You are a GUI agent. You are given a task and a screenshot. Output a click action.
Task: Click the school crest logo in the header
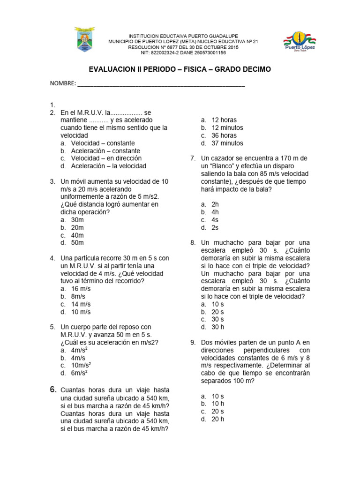pos(84,40)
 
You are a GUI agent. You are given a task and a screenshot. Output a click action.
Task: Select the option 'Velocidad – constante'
pos(103,143)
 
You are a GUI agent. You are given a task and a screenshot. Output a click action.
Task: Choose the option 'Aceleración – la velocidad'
pos(108,166)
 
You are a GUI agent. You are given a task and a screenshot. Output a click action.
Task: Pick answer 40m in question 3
pos(77,235)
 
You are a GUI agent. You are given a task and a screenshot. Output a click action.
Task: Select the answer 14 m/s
pos(81,304)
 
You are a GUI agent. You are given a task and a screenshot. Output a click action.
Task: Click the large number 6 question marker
pos(53,390)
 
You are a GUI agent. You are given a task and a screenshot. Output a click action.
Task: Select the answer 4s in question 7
pos(215,220)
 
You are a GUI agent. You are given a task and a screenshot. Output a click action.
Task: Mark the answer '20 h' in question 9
pos(217,419)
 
